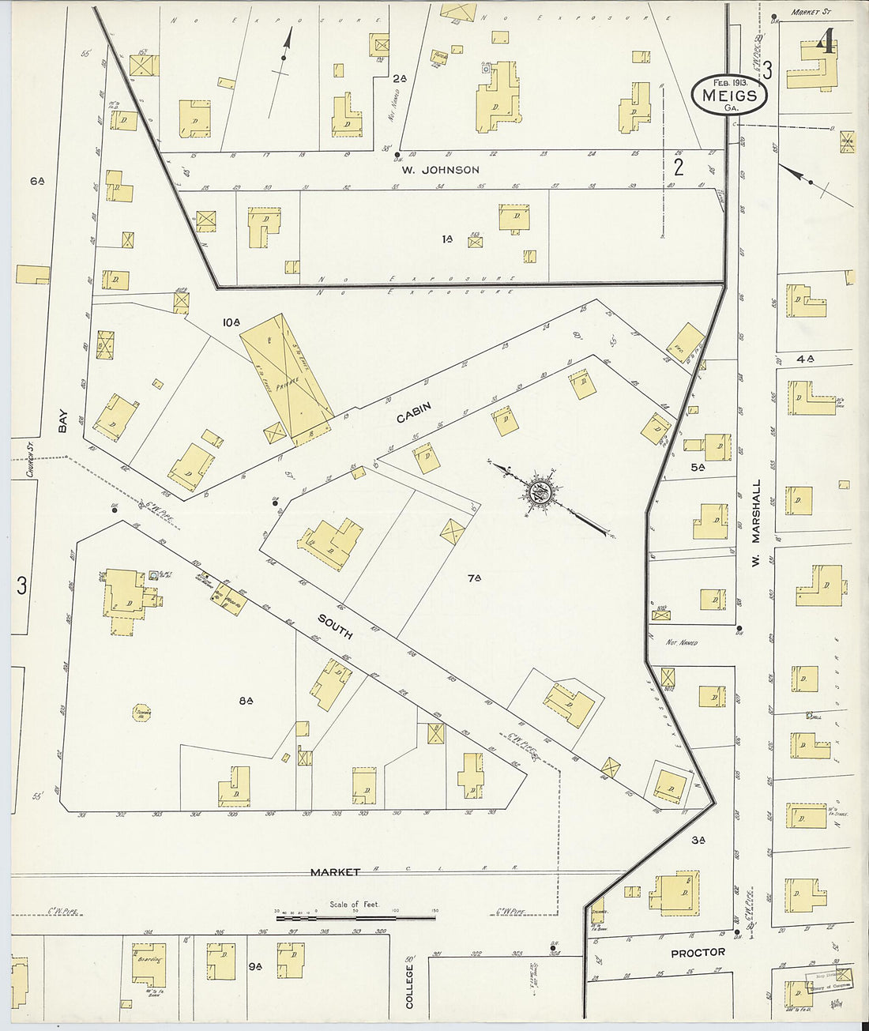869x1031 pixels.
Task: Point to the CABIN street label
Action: tap(414, 412)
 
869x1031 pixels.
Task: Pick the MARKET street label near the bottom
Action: tap(335, 872)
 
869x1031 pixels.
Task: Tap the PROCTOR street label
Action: tap(698, 953)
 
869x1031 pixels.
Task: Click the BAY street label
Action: tap(62, 425)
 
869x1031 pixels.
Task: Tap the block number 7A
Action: tap(474, 579)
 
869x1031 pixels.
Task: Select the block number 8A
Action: tap(245, 700)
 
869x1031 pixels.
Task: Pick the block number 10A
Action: tap(231, 322)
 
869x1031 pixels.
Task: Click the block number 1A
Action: tap(447, 238)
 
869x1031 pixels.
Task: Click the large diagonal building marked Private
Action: tap(288, 381)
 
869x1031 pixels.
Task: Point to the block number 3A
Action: tap(698, 840)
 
